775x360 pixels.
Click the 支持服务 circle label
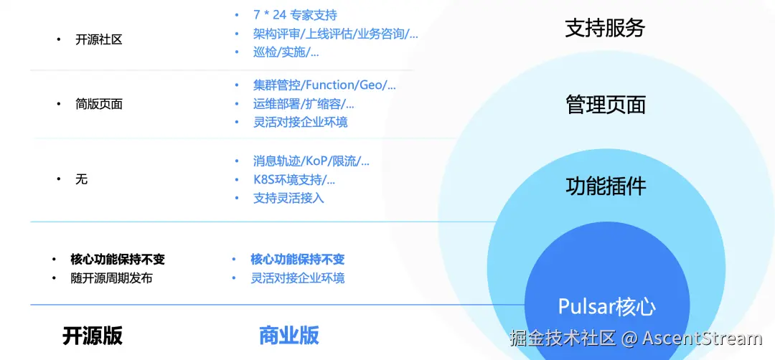(x=605, y=28)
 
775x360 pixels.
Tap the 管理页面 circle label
(x=606, y=105)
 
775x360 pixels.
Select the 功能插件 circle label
(x=606, y=186)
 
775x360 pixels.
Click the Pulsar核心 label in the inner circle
(x=606, y=307)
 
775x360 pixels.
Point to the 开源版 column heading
(x=93, y=335)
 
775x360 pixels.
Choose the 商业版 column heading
(x=288, y=335)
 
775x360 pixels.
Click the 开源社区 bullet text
(x=98, y=39)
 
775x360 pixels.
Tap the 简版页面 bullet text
(x=98, y=104)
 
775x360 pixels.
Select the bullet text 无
(x=81, y=179)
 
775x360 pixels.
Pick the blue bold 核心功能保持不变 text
(x=297, y=260)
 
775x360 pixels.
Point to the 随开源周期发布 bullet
(x=111, y=278)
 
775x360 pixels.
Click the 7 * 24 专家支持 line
(x=295, y=15)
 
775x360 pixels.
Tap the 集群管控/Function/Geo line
(x=324, y=85)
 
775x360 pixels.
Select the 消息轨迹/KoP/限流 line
(x=311, y=161)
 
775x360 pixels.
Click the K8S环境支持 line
(x=294, y=179)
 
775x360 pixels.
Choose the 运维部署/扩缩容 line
(x=304, y=104)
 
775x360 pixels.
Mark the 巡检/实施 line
(x=286, y=52)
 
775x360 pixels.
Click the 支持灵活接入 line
(x=288, y=198)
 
